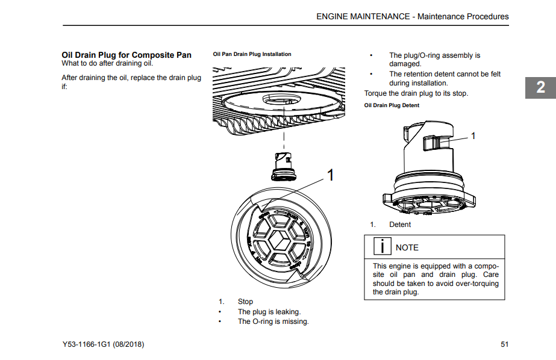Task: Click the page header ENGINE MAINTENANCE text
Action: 363,16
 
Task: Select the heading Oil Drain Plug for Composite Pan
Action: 127,55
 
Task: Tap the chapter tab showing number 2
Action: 541,87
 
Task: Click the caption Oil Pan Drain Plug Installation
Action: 252,54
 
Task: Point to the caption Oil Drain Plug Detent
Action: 392,105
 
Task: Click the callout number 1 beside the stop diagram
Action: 330,175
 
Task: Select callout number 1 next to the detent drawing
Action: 473,136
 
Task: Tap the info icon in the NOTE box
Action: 381,247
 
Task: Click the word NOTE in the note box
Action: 407,247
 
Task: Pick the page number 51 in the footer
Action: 504,344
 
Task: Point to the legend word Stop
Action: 245,302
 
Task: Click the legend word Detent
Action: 400,225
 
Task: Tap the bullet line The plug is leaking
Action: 269,312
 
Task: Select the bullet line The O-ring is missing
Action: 273,321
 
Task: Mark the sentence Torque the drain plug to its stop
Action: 416,93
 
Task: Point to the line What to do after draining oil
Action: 107,63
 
